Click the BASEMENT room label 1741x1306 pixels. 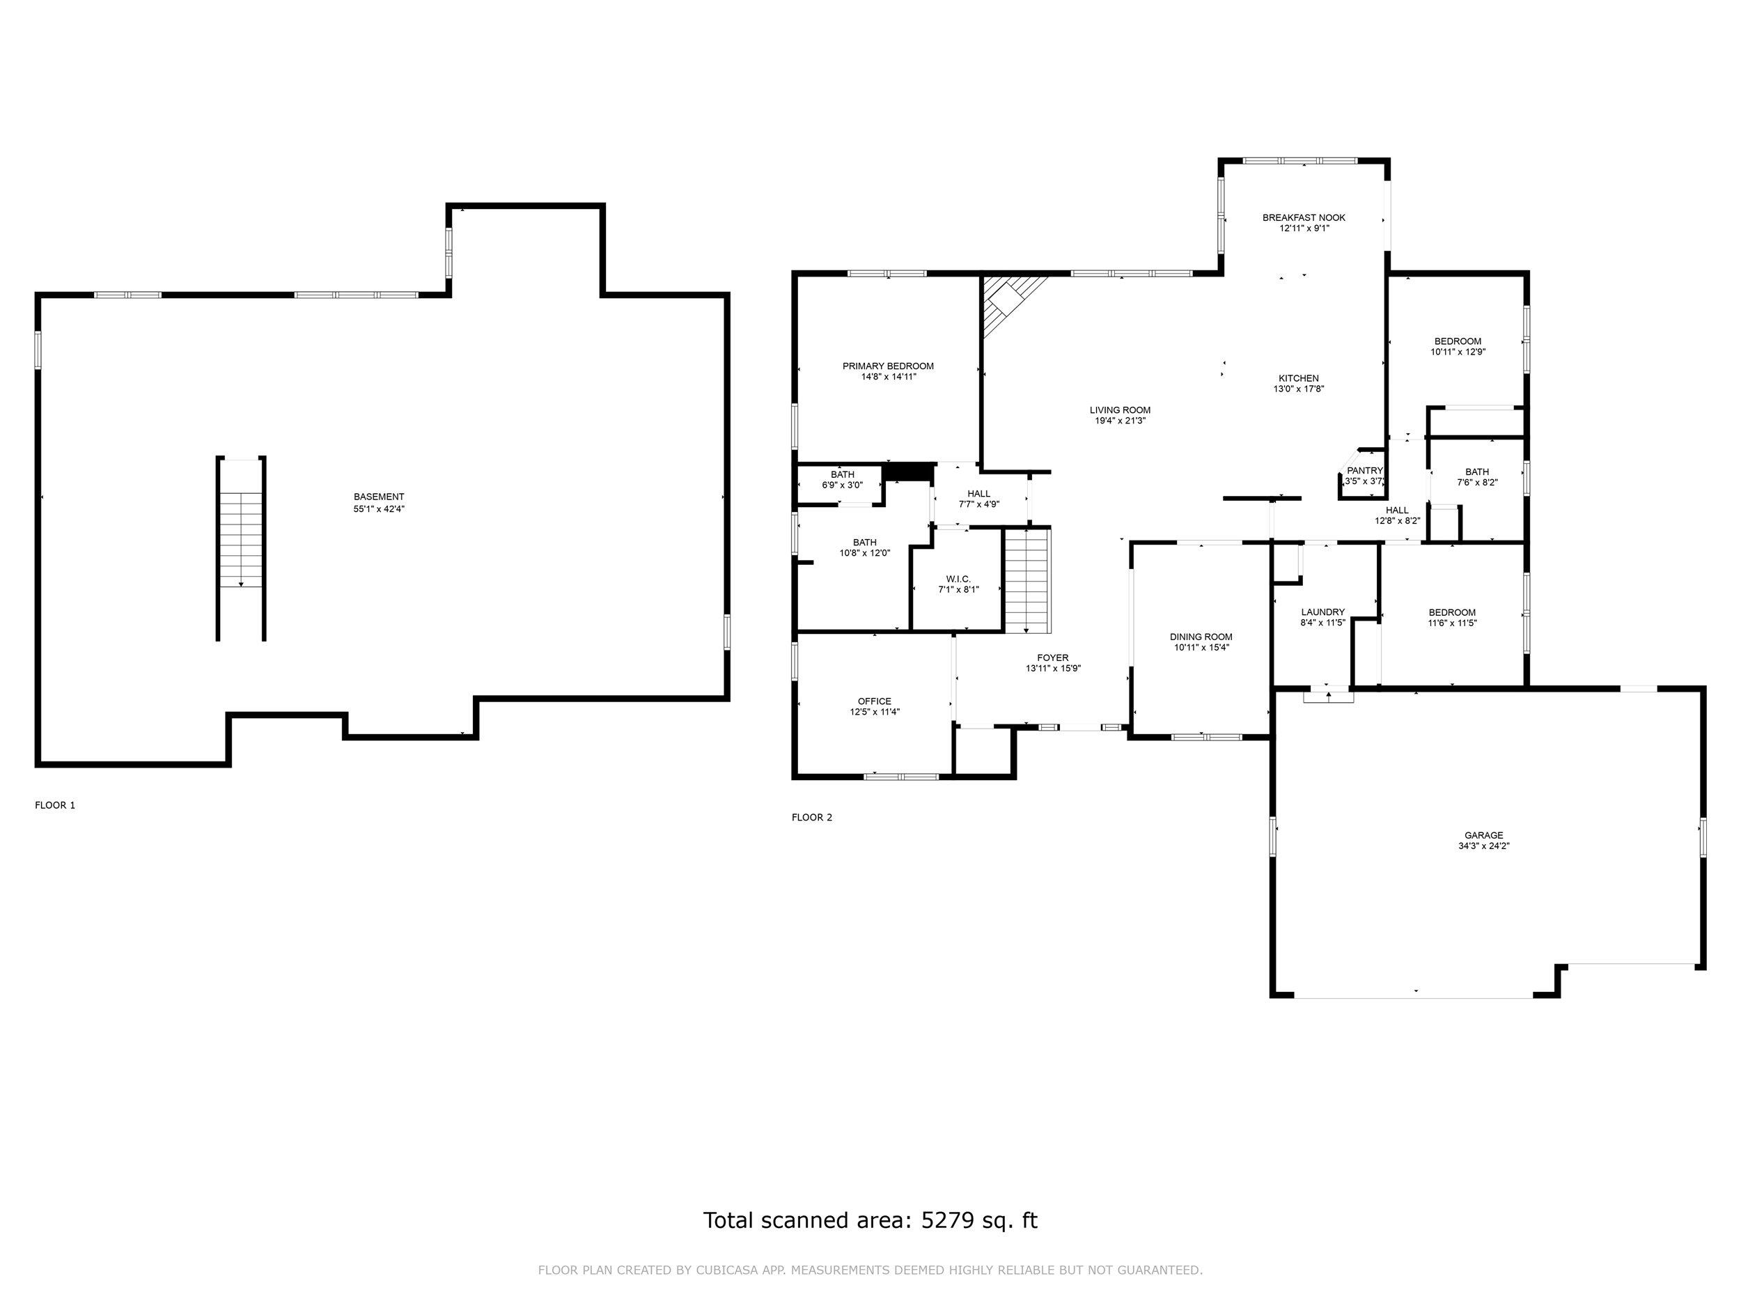pyautogui.click(x=379, y=497)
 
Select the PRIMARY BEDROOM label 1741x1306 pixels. pyautogui.click(x=888, y=366)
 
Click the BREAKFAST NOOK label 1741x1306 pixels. pyautogui.click(x=1304, y=217)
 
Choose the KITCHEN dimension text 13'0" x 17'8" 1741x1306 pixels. pyautogui.click(x=1299, y=389)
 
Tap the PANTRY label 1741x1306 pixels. pyautogui.click(x=1365, y=471)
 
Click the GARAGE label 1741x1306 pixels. pyautogui.click(x=1483, y=835)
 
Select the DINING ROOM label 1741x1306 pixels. pyautogui.click(x=1201, y=637)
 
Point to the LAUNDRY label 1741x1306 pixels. pyautogui.click(x=1323, y=612)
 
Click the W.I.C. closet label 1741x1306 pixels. pyautogui.click(x=958, y=579)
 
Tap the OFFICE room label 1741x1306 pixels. pyautogui.click(x=875, y=701)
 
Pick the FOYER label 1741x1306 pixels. pyautogui.click(x=1053, y=658)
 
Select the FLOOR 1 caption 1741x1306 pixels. pyautogui.click(x=55, y=805)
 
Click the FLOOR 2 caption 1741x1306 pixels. pyautogui.click(x=811, y=817)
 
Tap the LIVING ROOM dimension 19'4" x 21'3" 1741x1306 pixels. pyautogui.click(x=1120, y=421)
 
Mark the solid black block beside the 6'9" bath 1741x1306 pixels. pyautogui.click(x=907, y=472)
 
